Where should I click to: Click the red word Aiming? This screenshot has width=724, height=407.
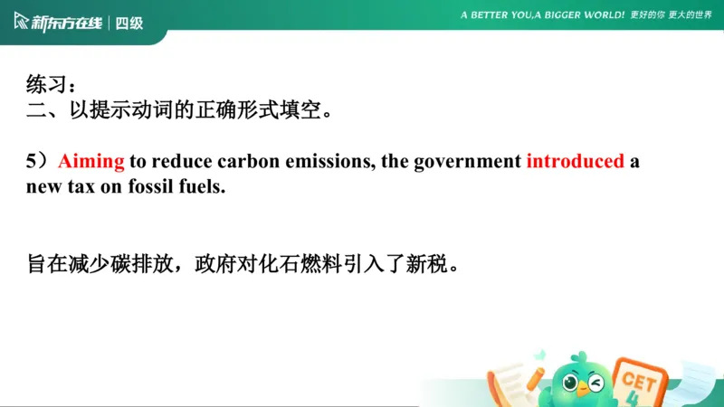pos(90,162)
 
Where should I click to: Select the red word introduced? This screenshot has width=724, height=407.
pos(575,162)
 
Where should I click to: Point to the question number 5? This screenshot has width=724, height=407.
pos(32,162)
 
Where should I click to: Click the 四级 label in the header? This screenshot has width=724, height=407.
pos(129,22)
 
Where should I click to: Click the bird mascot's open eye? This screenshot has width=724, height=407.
pos(571,383)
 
